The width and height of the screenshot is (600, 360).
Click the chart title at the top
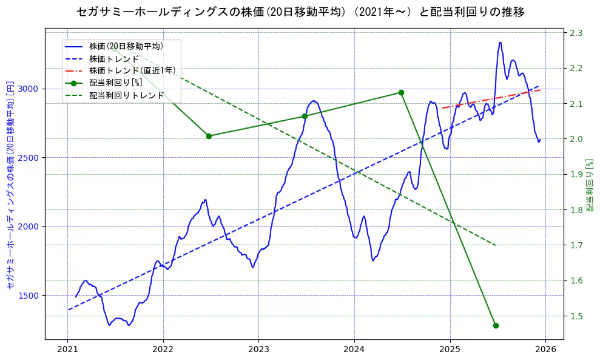point(300,12)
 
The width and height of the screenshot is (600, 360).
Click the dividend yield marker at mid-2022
point(209,136)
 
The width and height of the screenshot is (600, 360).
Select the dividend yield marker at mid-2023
point(305,116)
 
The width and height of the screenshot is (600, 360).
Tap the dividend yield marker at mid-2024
point(401,92)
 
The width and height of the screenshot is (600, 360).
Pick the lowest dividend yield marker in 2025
point(496,325)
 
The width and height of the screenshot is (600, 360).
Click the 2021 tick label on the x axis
point(67,349)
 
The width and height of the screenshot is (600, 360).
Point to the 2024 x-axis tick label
point(354,349)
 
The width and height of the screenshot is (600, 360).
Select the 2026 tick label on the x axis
point(545,349)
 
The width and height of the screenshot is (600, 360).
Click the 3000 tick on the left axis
point(29,89)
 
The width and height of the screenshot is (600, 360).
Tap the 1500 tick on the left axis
point(29,296)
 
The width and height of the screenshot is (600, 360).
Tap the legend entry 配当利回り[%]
point(115,83)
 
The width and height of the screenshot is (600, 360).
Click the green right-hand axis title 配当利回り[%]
point(590,185)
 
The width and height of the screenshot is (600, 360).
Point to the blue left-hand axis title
point(10,185)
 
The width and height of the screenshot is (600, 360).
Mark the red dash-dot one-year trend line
point(491,99)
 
